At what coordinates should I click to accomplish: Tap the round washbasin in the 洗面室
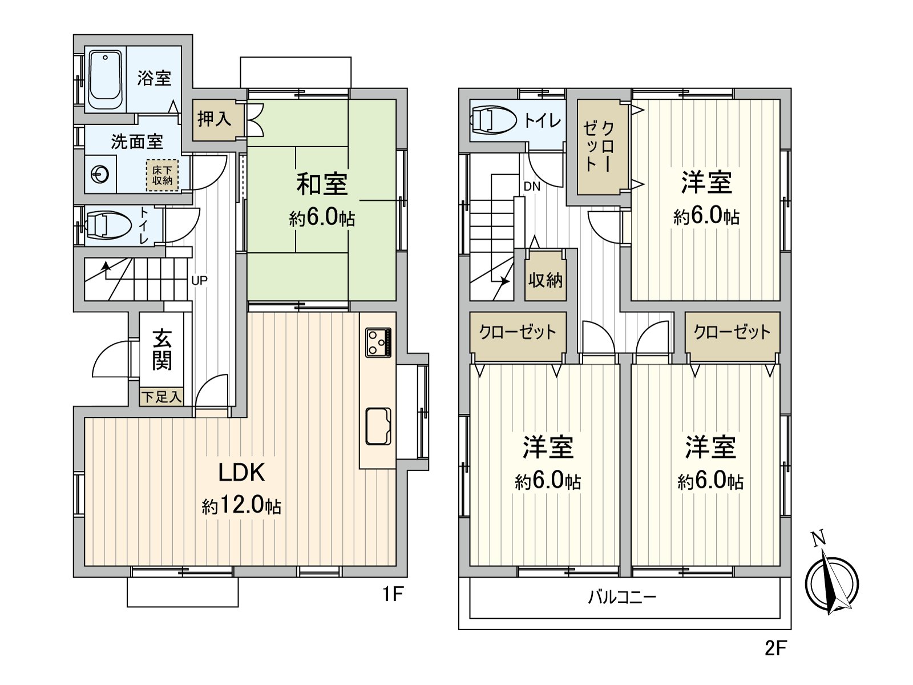(100, 174)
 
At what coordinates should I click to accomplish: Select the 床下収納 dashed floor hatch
(162, 175)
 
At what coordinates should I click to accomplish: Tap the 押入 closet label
(214, 119)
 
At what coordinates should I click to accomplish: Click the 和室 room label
(321, 184)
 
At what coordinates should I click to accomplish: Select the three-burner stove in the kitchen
(378, 342)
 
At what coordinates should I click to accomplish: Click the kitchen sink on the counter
(378, 426)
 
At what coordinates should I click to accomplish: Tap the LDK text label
(242, 472)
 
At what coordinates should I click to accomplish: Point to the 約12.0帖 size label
(242, 506)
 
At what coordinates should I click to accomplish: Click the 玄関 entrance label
(162, 349)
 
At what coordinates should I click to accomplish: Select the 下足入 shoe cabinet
(161, 397)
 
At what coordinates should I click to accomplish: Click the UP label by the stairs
(199, 281)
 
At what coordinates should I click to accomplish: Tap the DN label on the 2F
(532, 187)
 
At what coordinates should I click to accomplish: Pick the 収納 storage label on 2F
(546, 280)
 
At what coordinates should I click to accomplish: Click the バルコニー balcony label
(622, 598)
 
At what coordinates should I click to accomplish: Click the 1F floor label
(393, 594)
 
